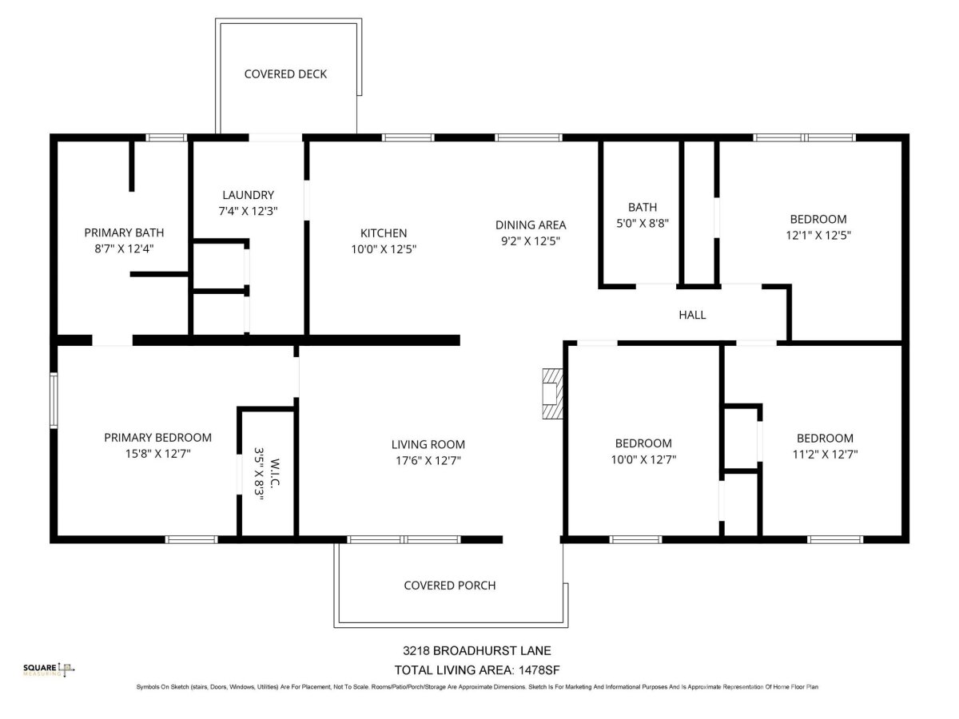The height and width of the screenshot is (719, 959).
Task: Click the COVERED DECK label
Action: [285, 74]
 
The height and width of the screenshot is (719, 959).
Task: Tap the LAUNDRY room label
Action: [249, 195]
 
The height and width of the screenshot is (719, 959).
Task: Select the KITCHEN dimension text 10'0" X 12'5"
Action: [384, 249]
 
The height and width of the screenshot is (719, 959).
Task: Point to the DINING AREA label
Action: [531, 224]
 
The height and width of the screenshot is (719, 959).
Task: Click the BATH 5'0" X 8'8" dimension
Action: [643, 223]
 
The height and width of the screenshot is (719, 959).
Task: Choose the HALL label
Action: [692, 315]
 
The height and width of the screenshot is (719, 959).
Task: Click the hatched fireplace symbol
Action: [552, 394]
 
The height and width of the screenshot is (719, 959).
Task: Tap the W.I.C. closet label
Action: [275, 473]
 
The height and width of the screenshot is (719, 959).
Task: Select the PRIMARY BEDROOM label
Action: [157, 438]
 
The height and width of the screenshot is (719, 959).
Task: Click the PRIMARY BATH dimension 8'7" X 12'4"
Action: [124, 248]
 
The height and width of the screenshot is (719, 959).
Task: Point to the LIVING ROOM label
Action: [428, 444]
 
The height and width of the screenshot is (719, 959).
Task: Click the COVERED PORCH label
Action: [450, 586]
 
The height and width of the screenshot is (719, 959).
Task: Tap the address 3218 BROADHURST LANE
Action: [476, 651]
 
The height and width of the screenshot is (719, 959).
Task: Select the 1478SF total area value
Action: [539, 670]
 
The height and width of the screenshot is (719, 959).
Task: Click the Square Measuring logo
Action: [49, 669]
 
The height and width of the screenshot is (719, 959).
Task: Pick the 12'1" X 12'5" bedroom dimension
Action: [818, 236]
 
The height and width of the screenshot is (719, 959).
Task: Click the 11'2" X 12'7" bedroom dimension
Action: [825, 455]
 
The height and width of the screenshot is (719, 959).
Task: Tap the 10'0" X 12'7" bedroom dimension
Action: [643, 459]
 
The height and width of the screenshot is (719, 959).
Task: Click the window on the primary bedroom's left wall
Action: [54, 400]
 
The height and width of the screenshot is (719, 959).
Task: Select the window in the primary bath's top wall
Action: [166, 137]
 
